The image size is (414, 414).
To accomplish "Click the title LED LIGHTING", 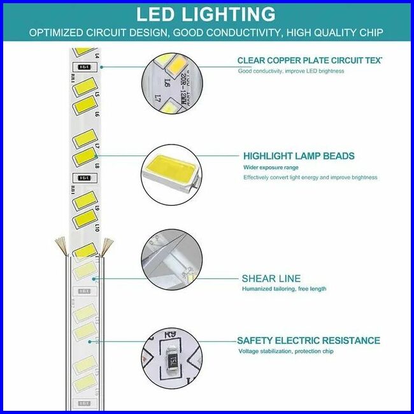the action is (x=206, y=15).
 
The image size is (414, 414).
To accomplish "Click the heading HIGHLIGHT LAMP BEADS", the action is (x=299, y=156).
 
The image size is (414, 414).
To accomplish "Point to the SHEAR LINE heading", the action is (x=271, y=278).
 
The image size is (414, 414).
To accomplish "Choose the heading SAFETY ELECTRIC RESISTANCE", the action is (x=308, y=341).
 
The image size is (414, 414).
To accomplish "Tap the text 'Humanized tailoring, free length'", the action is (x=284, y=289).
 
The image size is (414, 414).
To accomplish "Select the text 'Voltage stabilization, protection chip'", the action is (x=285, y=352).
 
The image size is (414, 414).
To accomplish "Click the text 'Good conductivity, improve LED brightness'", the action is (x=291, y=71).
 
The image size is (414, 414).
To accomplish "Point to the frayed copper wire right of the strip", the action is (x=107, y=243).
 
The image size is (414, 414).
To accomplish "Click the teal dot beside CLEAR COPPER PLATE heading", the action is (x=102, y=66).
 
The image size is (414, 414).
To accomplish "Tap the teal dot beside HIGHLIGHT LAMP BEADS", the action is (x=102, y=154).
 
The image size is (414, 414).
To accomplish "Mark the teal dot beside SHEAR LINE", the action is (x=102, y=278).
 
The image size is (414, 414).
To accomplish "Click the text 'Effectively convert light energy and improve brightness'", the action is (x=310, y=178).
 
